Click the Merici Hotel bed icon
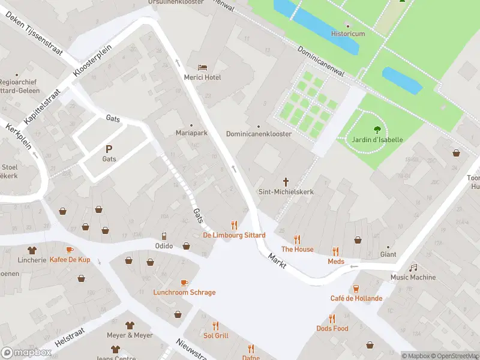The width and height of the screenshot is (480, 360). [203, 67]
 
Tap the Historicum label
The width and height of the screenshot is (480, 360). [348, 34]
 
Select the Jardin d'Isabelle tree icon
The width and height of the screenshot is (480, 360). [377, 129]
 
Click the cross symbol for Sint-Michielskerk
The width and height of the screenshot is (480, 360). [286, 181]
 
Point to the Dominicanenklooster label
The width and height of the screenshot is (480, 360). [259, 134]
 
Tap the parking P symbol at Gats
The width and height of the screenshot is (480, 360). [109, 149]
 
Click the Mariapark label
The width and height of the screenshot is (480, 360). [191, 133]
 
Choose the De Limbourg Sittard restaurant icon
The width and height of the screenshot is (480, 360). [234, 225]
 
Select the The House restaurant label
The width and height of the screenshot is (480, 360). [297, 249]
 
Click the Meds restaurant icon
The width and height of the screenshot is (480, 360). [335, 251]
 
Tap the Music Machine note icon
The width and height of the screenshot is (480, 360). [413, 268]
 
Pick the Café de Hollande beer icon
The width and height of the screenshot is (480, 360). [356, 289]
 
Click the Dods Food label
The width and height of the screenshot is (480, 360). [332, 328]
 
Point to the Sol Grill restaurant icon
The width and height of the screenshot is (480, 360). [215, 326]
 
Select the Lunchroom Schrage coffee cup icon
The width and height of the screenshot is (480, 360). [184, 283]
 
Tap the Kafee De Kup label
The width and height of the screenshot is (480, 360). [70, 259]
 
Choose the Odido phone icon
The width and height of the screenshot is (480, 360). [164, 236]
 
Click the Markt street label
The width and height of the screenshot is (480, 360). [277, 260]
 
